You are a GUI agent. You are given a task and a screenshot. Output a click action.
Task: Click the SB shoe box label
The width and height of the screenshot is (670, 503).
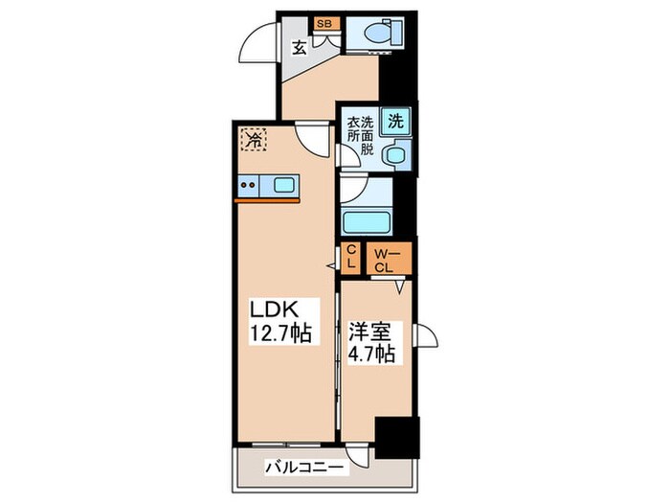point(326,24)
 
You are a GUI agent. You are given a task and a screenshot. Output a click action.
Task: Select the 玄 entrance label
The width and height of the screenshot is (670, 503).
point(299,48)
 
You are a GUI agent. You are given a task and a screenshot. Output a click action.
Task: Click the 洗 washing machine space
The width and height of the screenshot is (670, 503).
point(395,122)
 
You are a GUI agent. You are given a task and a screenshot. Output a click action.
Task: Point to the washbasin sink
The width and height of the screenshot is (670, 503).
point(395,154)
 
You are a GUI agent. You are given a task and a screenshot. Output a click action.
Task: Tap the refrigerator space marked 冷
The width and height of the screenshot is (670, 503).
point(253,139)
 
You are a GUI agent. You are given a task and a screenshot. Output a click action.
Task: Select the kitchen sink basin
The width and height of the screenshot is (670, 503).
point(283,185)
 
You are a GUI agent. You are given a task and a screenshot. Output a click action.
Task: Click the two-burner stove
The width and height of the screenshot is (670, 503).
point(248,186)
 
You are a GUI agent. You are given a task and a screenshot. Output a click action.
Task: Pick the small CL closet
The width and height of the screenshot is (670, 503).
point(351,257)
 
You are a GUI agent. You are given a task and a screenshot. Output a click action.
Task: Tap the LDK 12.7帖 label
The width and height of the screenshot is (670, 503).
point(279,322)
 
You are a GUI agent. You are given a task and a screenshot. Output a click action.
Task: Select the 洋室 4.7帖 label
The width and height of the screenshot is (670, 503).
point(371,342)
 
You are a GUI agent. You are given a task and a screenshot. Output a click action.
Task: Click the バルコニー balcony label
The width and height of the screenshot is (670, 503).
point(304,468)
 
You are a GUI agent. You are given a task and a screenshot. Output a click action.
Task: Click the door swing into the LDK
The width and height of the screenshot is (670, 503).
point(313,139)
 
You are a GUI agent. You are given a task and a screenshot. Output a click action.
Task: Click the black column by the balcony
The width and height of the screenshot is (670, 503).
point(397,437)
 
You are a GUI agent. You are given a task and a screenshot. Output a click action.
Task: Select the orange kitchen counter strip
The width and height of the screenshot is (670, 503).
point(267,199)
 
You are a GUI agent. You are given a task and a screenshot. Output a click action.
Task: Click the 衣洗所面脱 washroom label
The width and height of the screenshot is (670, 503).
point(360,135)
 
